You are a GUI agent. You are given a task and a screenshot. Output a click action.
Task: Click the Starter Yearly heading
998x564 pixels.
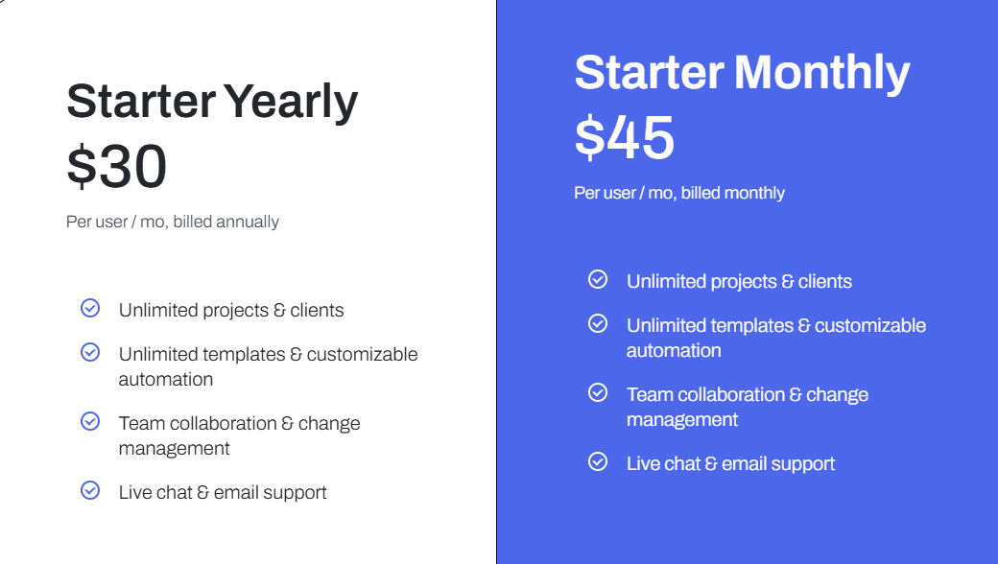pos(212,102)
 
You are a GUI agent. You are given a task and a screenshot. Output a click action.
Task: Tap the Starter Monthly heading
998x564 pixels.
pos(742,73)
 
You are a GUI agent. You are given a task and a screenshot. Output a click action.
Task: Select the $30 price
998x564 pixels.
pos(117,166)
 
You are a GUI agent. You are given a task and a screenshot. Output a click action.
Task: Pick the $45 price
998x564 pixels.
pos(625,137)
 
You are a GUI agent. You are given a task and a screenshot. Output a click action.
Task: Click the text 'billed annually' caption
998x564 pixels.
pos(226,222)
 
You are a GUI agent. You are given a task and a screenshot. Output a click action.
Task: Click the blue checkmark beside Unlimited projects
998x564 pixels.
pos(90,308)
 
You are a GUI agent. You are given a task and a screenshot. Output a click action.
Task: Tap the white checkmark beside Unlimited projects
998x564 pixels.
pos(598,279)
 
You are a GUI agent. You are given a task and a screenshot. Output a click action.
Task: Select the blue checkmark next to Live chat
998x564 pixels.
pos(90,490)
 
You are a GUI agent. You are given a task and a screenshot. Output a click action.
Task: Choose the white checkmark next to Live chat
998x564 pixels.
pos(598,461)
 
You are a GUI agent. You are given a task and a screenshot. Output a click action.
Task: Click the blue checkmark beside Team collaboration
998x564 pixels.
pos(90,421)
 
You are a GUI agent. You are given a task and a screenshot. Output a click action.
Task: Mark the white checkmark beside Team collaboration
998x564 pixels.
pos(598,392)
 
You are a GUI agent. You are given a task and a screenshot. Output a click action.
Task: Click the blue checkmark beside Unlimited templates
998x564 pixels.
pos(90,352)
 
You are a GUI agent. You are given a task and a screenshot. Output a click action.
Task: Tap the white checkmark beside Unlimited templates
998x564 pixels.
pos(598,323)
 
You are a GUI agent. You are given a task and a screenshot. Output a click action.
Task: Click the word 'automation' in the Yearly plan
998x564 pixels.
pos(166,379)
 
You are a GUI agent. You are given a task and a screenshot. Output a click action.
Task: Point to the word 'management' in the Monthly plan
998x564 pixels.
pos(682,419)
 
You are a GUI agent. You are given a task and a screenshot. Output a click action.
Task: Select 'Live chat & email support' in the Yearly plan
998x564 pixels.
pos(223,492)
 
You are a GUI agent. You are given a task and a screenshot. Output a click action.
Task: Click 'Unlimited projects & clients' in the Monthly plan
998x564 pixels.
pos(739,281)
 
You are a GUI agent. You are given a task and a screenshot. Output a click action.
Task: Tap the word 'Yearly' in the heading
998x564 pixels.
pos(291,102)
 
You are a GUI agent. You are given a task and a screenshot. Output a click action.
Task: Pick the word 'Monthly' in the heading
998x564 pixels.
pos(822,73)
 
